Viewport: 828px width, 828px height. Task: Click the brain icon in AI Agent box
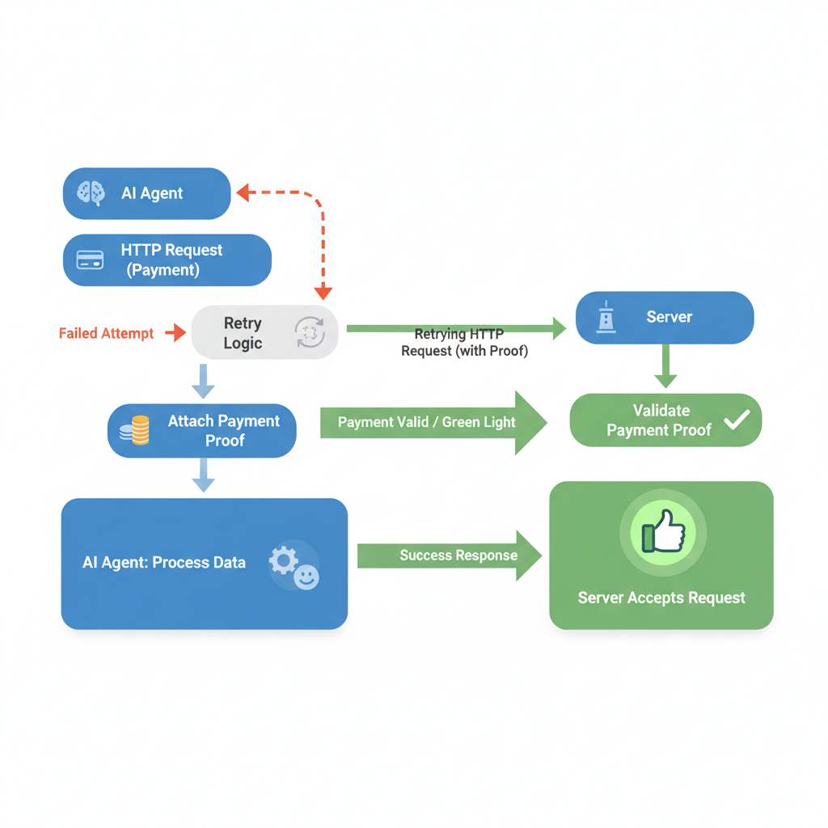click(x=91, y=193)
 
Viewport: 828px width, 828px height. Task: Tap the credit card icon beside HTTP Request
click(x=90, y=260)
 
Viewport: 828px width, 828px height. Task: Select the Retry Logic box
click(x=243, y=332)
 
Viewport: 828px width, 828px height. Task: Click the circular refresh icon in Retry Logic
click(x=309, y=332)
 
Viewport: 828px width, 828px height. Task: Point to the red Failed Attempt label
click(x=106, y=333)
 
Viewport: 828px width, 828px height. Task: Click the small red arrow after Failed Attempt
click(x=175, y=332)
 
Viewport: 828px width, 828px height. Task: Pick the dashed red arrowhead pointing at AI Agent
click(x=242, y=192)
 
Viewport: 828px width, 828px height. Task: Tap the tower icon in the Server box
click(x=606, y=318)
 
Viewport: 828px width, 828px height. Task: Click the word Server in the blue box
click(x=669, y=317)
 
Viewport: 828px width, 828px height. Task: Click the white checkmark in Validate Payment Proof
click(x=737, y=419)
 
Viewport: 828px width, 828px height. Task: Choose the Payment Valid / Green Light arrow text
click(x=426, y=422)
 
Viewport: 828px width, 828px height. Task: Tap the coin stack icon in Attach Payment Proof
click(x=136, y=430)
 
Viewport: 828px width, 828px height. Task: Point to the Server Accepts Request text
click(x=661, y=598)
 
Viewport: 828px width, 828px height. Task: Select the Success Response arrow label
click(x=458, y=556)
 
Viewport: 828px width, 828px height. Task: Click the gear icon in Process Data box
click(x=284, y=560)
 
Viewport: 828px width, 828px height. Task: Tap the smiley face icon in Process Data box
click(x=306, y=577)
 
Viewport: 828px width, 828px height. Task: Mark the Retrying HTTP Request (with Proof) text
click(x=464, y=343)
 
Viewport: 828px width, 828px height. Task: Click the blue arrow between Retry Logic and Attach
click(x=203, y=381)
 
